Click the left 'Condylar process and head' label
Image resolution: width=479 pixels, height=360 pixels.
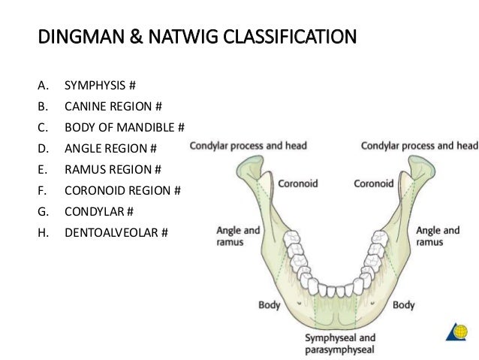point(247,145)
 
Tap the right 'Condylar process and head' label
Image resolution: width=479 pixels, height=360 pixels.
point(419,145)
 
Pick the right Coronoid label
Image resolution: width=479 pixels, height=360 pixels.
point(374,183)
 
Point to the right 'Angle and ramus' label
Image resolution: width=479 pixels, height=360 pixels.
point(438,235)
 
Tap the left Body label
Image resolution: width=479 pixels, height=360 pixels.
point(270,306)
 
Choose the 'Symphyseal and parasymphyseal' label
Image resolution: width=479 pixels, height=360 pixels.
point(340,343)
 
